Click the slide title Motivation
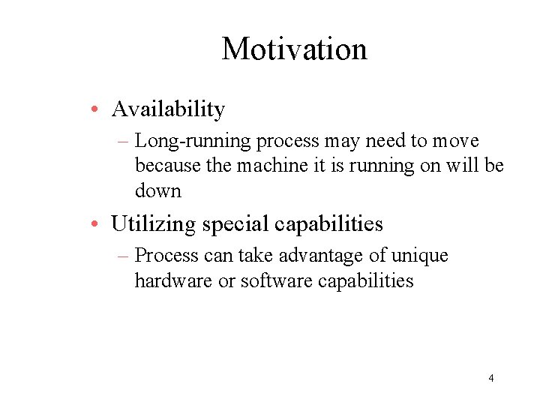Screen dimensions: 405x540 point(294,49)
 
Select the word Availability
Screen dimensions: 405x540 point(168,109)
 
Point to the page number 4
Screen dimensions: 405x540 point(490,378)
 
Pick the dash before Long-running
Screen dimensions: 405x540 point(123,142)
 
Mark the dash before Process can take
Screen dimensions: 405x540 point(123,256)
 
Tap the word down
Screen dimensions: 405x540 point(157,190)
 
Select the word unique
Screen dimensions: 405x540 point(419,256)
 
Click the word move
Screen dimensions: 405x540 point(454,142)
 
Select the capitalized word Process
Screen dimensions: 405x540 point(166,256)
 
